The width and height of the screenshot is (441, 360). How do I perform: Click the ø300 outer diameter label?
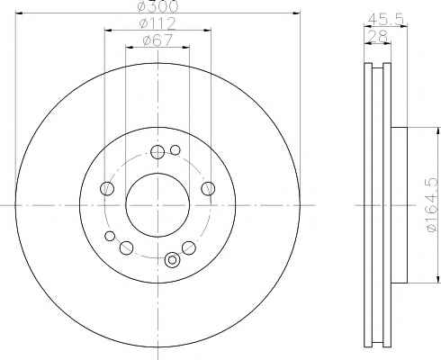157,6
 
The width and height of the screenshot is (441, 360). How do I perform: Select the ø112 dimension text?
157,23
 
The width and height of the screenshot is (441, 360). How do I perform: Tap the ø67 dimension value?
157,40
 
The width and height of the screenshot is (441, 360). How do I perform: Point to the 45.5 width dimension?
386,19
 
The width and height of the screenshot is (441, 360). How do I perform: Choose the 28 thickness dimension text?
378,36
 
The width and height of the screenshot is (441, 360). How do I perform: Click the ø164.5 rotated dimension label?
433,204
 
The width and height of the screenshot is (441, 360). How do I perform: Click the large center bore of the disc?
157,205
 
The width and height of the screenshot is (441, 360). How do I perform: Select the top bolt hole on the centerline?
157,152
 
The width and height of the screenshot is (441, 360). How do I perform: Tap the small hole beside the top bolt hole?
175,149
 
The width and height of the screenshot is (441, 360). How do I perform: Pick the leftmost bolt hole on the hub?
107,188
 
